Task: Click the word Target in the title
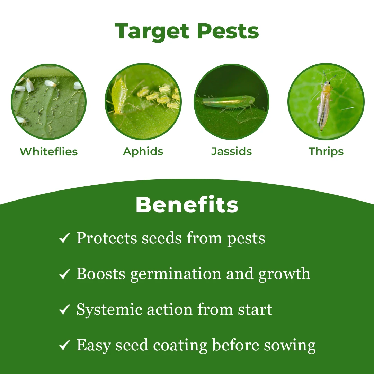pyautogui.click(x=152, y=31)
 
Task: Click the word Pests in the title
pyautogui.click(x=228, y=31)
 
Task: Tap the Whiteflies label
pyautogui.click(x=49, y=151)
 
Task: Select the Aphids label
pyautogui.click(x=143, y=151)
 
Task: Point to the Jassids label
pyautogui.click(x=231, y=151)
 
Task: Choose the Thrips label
pyautogui.click(x=326, y=151)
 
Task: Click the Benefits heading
pyautogui.click(x=187, y=205)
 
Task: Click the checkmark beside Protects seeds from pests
pyautogui.click(x=64, y=238)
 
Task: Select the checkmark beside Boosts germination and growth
pyautogui.click(x=64, y=274)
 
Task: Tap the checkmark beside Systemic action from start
pyautogui.click(x=64, y=309)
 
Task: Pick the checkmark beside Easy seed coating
pyautogui.click(x=64, y=345)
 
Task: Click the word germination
pyautogui.click(x=176, y=274)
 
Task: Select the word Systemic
pyautogui.click(x=109, y=310)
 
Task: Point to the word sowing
pyautogui.click(x=290, y=346)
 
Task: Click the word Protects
pyautogui.click(x=107, y=239)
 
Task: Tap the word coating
pyautogui.click(x=180, y=346)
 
